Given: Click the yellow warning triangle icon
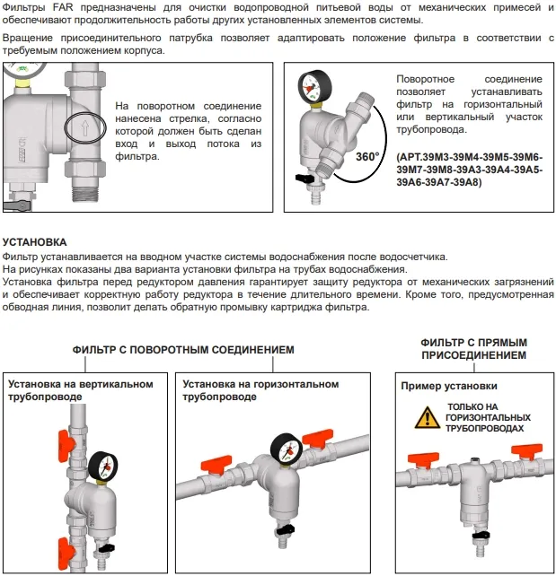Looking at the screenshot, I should coord(420,418).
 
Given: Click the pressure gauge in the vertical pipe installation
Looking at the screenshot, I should coord(101,466).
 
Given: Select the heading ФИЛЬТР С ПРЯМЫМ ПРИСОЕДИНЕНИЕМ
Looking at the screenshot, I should coord(473,349).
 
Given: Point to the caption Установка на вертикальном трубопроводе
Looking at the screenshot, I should coord(80,390).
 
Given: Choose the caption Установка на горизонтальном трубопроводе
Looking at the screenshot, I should coord(260,390).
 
